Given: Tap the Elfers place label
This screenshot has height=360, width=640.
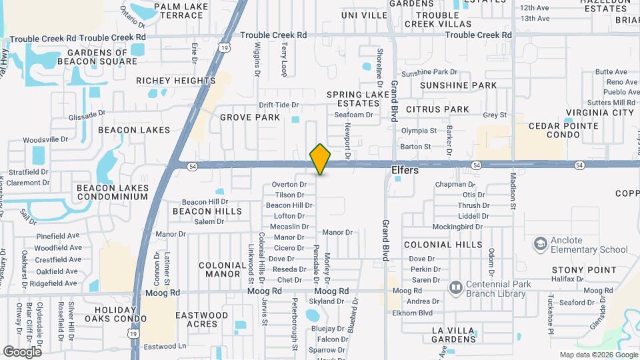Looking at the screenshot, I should pos(405,171).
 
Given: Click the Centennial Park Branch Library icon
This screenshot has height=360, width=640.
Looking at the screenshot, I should pos(456,288).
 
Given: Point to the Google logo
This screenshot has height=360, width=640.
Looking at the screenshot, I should pos(22,351).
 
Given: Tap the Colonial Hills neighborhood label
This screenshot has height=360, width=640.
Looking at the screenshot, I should pos(443,245).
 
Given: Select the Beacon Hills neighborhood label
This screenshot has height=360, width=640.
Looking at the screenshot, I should pos(207,211).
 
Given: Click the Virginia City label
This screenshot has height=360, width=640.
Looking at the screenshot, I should pos(599,113).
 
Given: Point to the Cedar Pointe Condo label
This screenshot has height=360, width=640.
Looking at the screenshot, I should pos(555,130).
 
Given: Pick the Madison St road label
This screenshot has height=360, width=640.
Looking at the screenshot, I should pos(513,191).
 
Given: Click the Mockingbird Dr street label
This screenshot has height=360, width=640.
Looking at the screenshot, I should pos(457,227).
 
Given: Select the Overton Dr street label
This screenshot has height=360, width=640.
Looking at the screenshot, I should pos(289,185).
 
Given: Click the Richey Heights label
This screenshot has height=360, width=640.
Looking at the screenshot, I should pos(175,81).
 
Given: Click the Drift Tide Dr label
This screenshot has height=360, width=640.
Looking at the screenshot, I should pos(279,105).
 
